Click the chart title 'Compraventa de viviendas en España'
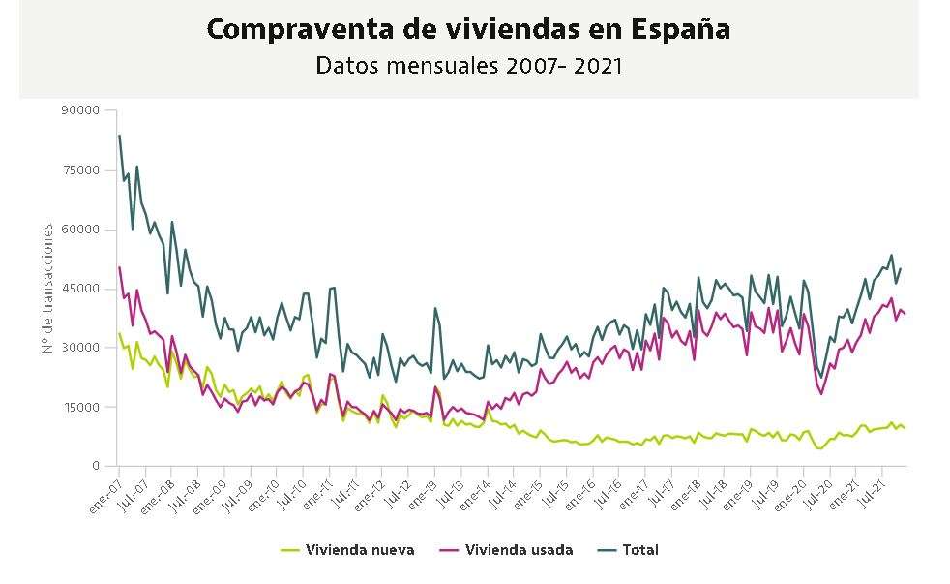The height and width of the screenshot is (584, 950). click(468, 29)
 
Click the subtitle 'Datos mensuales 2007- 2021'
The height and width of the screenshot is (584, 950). click(468, 66)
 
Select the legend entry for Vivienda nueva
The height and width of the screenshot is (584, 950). click(359, 550)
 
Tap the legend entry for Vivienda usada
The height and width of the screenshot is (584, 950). click(519, 550)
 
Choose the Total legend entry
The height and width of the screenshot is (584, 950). click(639, 550)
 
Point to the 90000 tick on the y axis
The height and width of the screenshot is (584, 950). click(81, 110)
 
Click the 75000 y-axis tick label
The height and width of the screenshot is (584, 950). click(81, 169)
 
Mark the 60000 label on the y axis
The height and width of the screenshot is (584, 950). click(81, 230)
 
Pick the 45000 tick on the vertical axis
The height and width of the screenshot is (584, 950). click(81, 289)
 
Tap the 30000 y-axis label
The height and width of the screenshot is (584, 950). click(81, 348)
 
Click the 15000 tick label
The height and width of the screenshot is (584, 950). click(81, 407)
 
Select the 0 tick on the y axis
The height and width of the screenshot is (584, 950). click(96, 466)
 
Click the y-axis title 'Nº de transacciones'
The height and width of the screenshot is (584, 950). click(47, 288)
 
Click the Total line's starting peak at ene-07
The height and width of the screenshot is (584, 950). click(119, 136)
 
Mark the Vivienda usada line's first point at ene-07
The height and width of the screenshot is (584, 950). click(119, 267)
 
